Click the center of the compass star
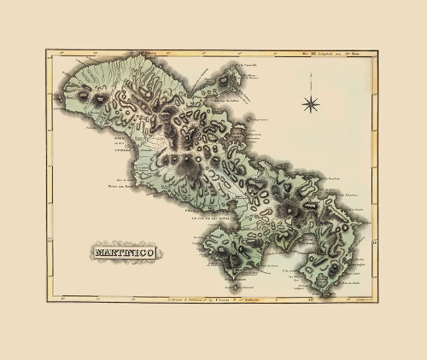[x=311, y=104]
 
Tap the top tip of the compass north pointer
[x=311, y=90]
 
